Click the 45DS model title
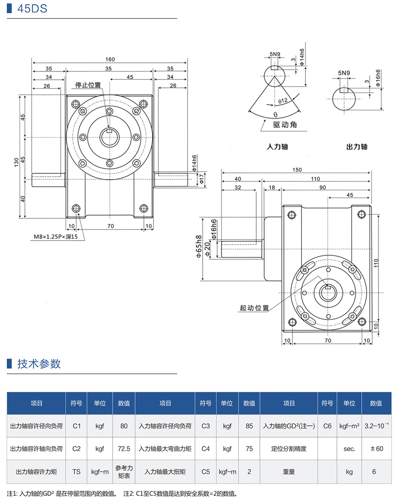tap(32, 9)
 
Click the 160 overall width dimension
tap(110, 59)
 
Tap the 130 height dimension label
tap(16, 163)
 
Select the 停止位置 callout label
tap(88, 85)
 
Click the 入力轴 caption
tap(277, 146)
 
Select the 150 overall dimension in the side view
tap(297, 170)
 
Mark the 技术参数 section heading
tap(39, 364)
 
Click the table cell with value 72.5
tap(124, 449)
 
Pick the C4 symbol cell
tap(205, 449)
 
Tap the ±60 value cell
tap(376, 449)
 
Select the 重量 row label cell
tap(289, 472)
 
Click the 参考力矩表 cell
tap(124, 472)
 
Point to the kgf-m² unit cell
tap(349, 426)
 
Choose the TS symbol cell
tap(76, 472)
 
